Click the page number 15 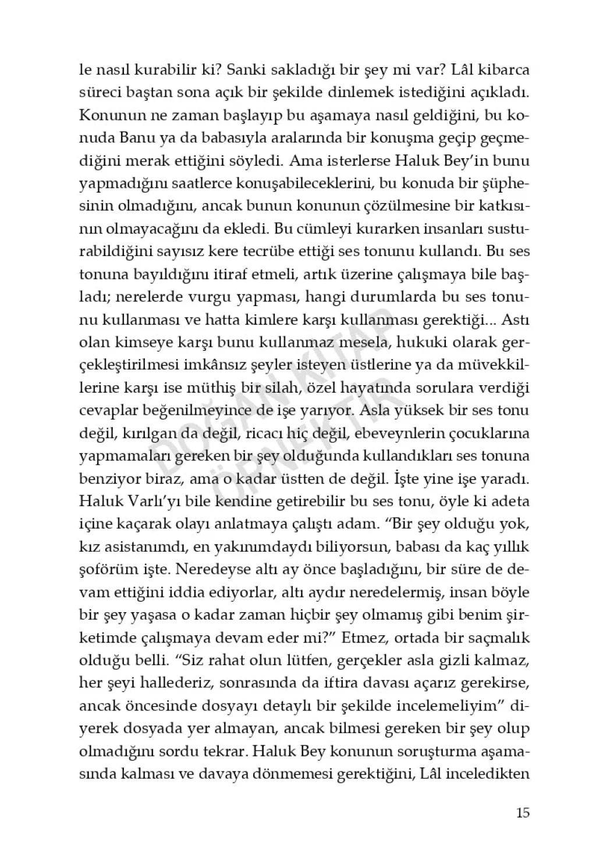point(522,812)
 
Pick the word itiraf point(219,274)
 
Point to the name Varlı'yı point(141,501)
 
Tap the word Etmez point(366,637)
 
